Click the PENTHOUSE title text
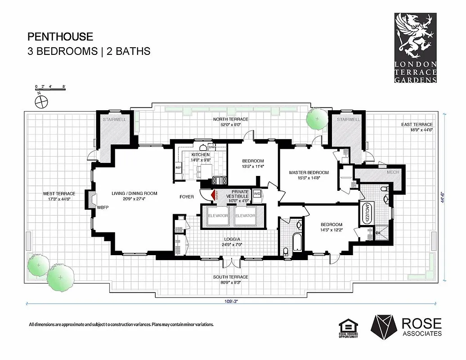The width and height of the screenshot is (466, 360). [x=60, y=36]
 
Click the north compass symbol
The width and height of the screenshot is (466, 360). [x=42, y=101]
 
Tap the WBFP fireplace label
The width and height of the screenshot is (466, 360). [x=103, y=207]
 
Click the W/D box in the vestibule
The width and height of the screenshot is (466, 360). [x=257, y=193]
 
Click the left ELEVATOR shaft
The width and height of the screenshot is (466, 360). [x=218, y=216]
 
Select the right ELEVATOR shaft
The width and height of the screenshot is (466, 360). [x=245, y=216]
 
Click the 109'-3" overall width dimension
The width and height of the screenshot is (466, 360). [x=233, y=302]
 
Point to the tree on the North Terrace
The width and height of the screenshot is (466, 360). [x=316, y=119]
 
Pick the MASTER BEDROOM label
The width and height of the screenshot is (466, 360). [x=309, y=172]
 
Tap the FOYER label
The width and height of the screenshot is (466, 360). [x=187, y=197]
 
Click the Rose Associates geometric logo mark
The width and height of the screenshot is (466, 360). [x=382, y=327]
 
